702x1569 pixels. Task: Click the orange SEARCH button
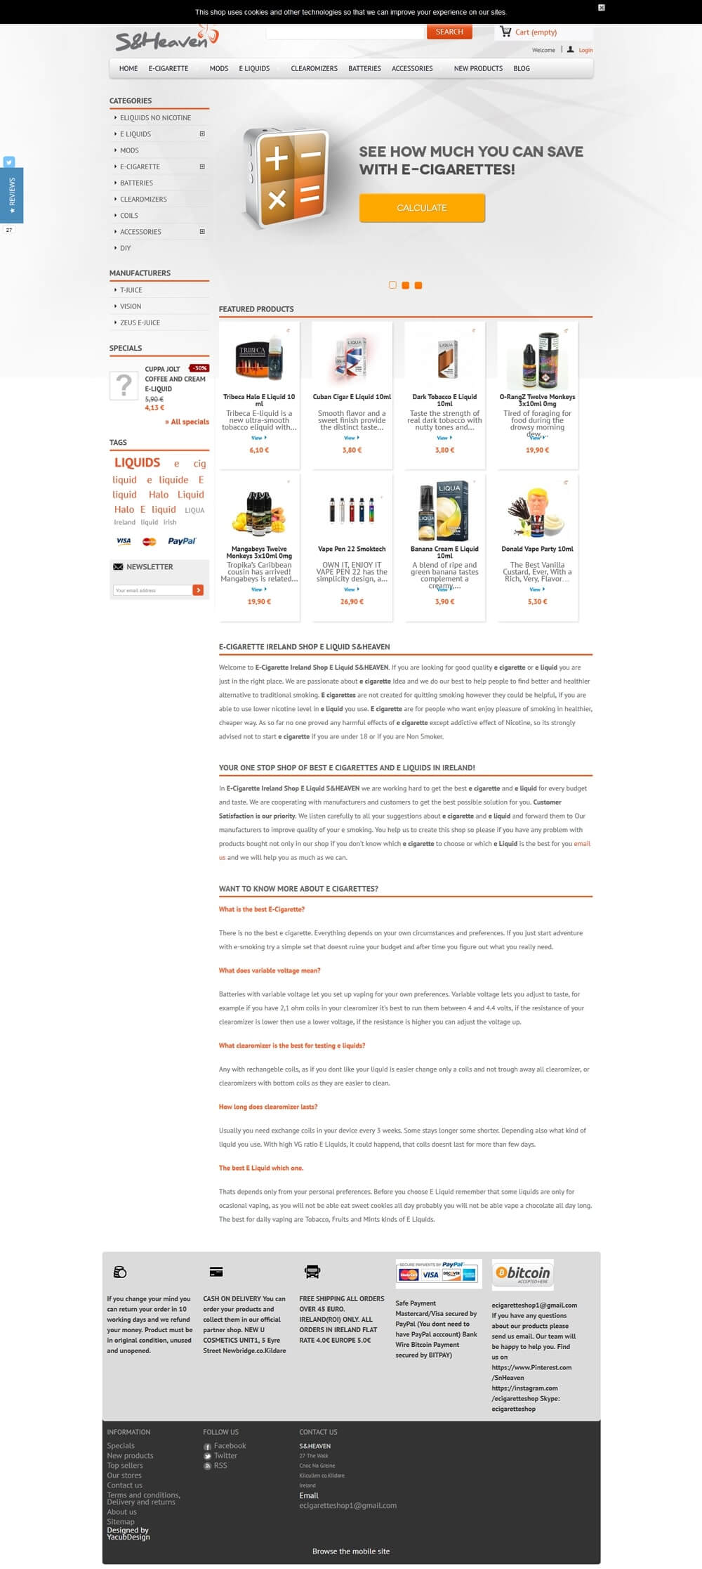[449, 32]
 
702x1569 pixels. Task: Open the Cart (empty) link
[535, 32]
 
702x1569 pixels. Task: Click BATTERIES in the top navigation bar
[364, 69]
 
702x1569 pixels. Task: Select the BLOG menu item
[522, 69]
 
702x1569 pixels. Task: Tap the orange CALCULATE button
[422, 208]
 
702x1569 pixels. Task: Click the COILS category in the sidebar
[129, 216]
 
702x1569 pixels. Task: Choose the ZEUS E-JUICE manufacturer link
[140, 323]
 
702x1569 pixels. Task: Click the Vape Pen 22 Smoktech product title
[352, 549]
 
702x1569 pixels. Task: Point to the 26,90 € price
[352, 601]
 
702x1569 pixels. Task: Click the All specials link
[187, 422]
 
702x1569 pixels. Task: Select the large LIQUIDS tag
[138, 462]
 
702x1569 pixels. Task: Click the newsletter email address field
[152, 590]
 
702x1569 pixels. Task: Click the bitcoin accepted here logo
[523, 1274]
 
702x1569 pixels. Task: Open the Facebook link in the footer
[230, 1446]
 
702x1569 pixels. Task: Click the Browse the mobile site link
[351, 1551]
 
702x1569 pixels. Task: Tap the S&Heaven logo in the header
[166, 39]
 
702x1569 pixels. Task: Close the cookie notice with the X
[601, 8]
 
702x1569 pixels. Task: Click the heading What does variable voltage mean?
[270, 970]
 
